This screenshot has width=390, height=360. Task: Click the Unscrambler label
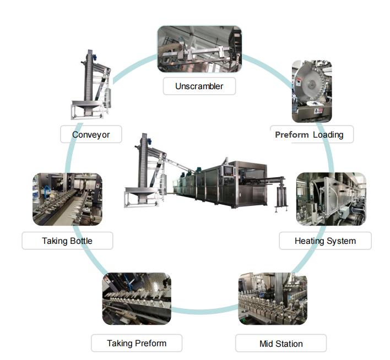point(199,86)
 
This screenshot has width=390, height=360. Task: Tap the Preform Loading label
point(312,134)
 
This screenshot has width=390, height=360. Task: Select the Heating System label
point(325,241)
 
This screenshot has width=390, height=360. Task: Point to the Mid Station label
point(281,343)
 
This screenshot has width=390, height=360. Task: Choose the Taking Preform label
point(137,343)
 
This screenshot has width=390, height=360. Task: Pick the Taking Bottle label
point(67,241)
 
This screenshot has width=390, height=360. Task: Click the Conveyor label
point(91,134)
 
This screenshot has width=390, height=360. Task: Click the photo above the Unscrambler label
point(199,49)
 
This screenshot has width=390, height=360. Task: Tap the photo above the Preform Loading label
point(312,90)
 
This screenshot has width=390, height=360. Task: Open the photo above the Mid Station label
point(273,299)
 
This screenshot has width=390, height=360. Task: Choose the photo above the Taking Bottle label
point(67,199)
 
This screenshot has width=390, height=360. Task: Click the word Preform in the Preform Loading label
point(291,134)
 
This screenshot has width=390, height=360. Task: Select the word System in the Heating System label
point(341,241)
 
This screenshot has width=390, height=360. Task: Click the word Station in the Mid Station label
point(289,343)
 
